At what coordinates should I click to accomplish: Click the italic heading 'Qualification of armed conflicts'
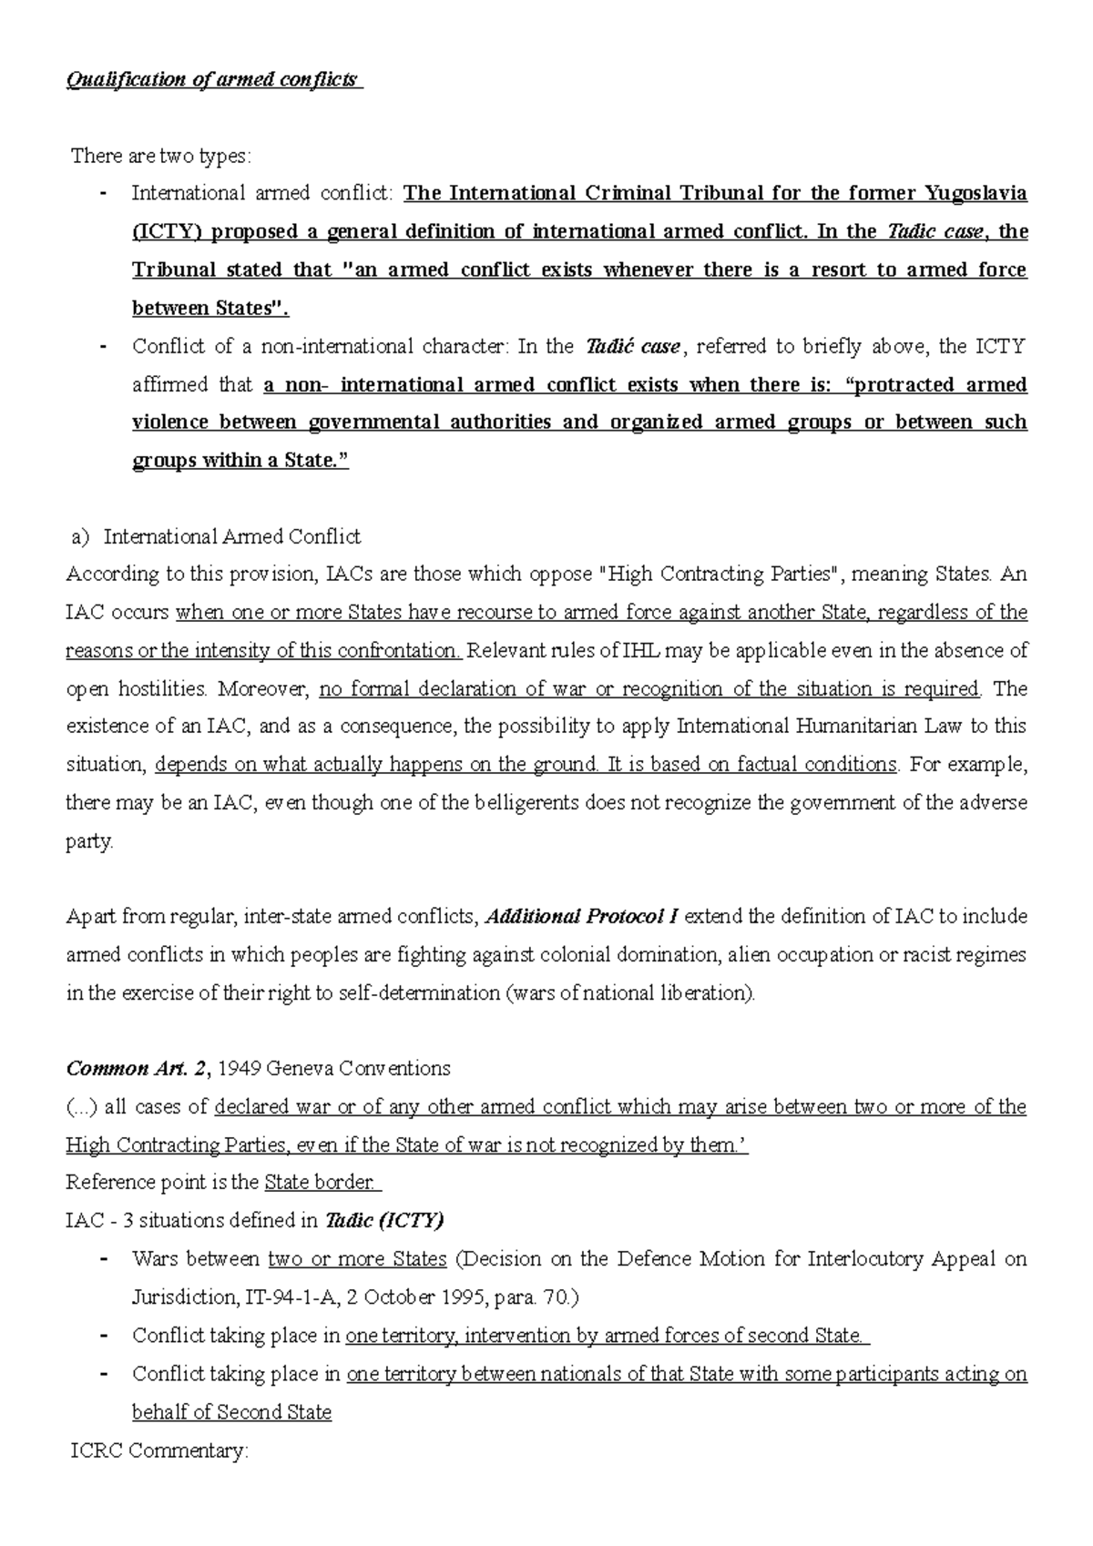pyautogui.click(x=214, y=79)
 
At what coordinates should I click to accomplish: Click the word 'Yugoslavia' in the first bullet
pyautogui.click(x=976, y=193)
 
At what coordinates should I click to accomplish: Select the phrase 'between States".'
pyautogui.click(x=210, y=308)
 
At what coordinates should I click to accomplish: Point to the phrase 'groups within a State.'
pyautogui.click(x=240, y=461)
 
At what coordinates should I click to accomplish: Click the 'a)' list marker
pyautogui.click(x=80, y=536)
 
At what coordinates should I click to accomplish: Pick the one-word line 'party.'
pyautogui.click(x=90, y=842)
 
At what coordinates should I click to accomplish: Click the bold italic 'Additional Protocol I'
pyautogui.click(x=582, y=917)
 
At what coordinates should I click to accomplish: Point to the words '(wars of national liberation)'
pyautogui.click(x=629, y=993)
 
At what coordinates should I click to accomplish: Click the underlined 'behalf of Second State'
pyautogui.click(x=231, y=1412)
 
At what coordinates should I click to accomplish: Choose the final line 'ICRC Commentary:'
pyautogui.click(x=158, y=1450)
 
